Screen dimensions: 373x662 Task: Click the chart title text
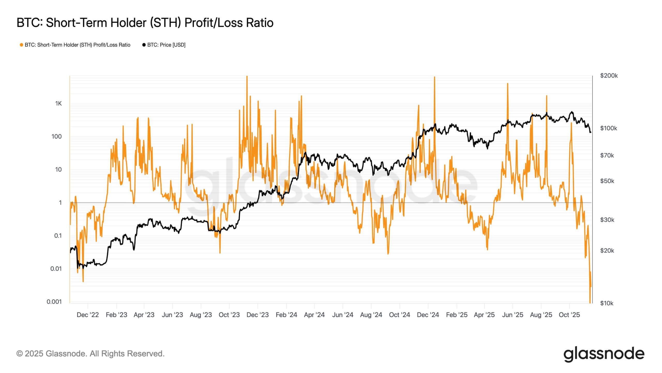[145, 23]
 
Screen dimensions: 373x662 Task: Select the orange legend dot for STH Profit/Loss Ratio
[21, 45]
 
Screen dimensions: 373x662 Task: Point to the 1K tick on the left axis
[58, 104]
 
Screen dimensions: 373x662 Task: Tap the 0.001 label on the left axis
[54, 302]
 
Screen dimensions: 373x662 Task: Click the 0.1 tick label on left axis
[58, 236]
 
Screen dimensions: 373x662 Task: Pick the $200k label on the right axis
[609, 76]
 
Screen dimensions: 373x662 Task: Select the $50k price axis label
[607, 181]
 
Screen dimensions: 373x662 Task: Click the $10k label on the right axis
[607, 303]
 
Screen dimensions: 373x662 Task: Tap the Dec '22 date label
[88, 315]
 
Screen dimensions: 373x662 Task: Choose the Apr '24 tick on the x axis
[314, 315]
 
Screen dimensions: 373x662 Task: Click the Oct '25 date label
[569, 315]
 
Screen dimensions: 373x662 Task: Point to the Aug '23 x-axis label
[201, 315]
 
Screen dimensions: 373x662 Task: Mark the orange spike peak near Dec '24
[434, 77]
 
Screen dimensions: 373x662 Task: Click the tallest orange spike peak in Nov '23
[247, 76]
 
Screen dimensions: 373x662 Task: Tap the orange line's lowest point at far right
[590, 302]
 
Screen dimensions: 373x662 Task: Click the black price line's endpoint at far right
[590, 132]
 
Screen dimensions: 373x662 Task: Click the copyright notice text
[91, 354]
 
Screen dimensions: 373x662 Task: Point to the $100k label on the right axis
[608, 128]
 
